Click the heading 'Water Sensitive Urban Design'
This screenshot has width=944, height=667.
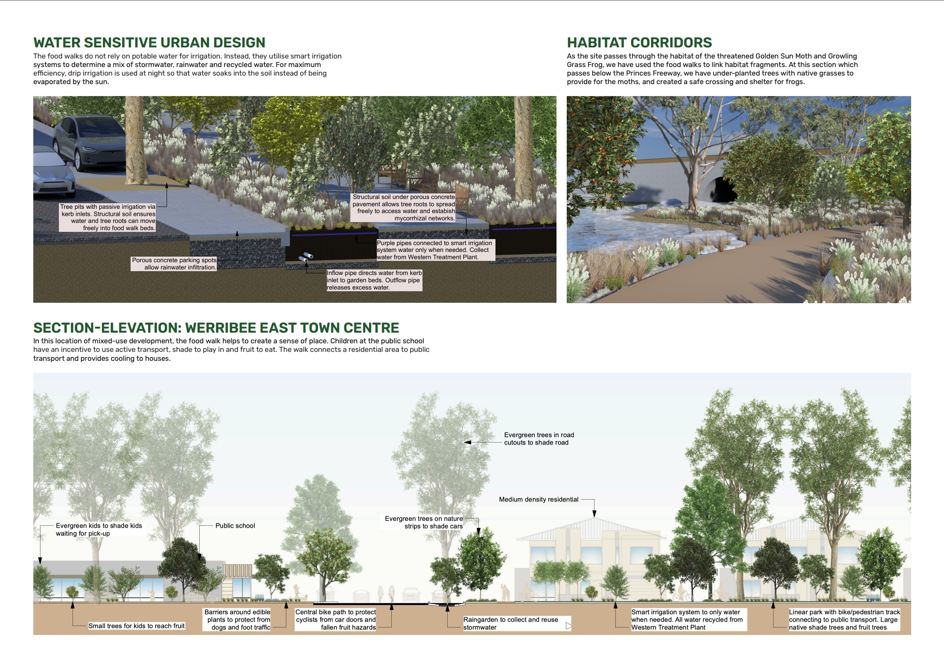pyautogui.click(x=149, y=43)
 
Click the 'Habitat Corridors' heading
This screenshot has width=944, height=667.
pyautogui.click(x=639, y=43)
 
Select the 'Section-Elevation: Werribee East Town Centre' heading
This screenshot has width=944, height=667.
pyautogui.click(x=216, y=328)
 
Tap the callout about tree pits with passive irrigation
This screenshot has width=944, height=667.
pyautogui.click(x=108, y=217)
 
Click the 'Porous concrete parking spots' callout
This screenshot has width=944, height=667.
pyautogui.click(x=174, y=263)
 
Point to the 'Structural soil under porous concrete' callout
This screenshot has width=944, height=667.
pyautogui.click(x=403, y=208)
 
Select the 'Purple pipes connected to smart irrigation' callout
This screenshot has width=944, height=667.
pyautogui.click(x=434, y=250)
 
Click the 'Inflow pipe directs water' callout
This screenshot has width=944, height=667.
pyautogui.click(x=374, y=280)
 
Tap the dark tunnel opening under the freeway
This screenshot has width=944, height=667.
pyautogui.click(x=723, y=190)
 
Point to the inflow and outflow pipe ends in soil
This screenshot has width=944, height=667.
pyautogui.click(x=306, y=257)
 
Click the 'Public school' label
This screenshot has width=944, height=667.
pyautogui.click(x=235, y=526)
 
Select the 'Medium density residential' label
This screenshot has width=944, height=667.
pyautogui.click(x=539, y=499)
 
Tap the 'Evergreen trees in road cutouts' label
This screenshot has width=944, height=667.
pyautogui.click(x=539, y=439)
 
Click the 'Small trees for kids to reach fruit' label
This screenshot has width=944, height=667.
pyautogui.click(x=137, y=626)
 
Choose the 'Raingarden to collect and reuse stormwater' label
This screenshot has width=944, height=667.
pyautogui.click(x=511, y=623)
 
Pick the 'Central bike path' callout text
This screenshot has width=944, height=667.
pyautogui.click(x=336, y=620)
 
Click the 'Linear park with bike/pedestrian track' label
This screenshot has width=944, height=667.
pyautogui.click(x=844, y=620)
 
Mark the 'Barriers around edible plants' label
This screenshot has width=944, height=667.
pyautogui.click(x=237, y=620)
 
